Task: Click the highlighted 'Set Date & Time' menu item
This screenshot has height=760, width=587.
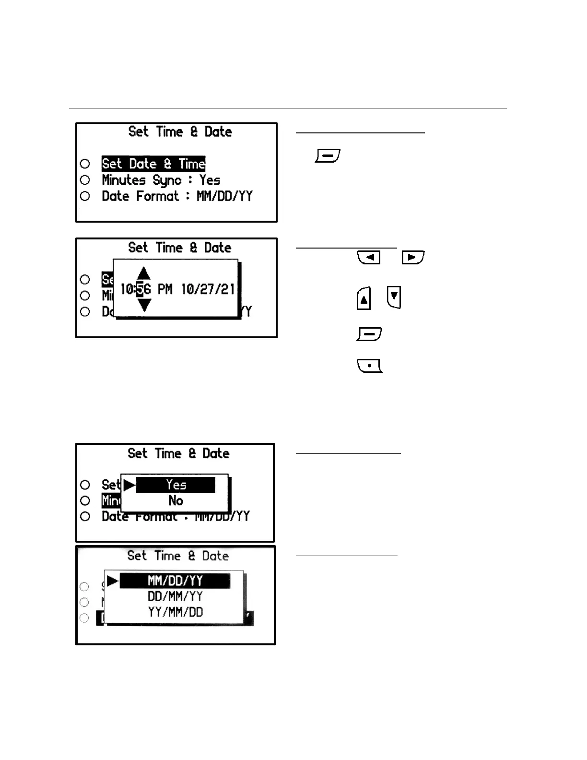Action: point(153,164)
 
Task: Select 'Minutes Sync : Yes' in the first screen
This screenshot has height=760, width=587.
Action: point(161,180)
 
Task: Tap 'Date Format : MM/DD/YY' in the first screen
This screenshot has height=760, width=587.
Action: point(176,196)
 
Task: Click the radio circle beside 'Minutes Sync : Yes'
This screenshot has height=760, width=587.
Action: point(85,180)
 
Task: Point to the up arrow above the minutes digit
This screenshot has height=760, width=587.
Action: point(143,273)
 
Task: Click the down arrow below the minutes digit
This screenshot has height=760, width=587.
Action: point(144,305)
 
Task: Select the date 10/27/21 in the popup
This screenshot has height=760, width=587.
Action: point(208,289)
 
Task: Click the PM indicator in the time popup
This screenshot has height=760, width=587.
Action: point(165,289)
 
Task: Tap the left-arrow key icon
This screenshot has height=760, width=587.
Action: point(369,257)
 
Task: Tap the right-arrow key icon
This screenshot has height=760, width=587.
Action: point(413,257)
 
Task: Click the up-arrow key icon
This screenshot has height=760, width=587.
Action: point(364,298)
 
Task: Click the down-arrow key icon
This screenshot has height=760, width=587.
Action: point(394,297)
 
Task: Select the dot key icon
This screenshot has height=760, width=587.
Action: point(369,366)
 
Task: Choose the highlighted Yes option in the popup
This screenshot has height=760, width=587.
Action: point(176,485)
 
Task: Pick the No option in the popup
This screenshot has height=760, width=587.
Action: point(176,500)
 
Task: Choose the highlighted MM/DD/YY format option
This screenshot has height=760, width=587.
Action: point(175,581)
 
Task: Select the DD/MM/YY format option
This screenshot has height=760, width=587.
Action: point(175,596)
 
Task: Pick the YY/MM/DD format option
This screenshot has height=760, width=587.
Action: point(175,612)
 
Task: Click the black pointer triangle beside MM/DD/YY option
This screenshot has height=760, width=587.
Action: point(112,581)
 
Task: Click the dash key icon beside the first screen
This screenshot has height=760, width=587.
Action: point(328,156)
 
